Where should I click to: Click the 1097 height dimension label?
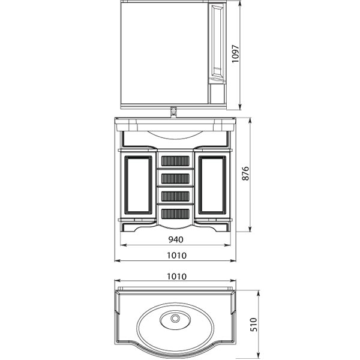click(x=235, y=54)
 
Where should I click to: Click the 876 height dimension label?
click(x=245, y=173)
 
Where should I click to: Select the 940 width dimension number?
click(x=176, y=239)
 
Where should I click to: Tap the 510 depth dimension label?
click(x=254, y=325)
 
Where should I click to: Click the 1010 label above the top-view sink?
click(x=176, y=277)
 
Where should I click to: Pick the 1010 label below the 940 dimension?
click(x=176, y=256)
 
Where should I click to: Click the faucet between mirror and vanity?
click(x=174, y=112)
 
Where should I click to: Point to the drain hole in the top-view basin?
click(x=176, y=318)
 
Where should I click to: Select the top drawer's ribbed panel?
click(x=175, y=161)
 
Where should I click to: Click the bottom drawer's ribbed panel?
click(x=175, y=214)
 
